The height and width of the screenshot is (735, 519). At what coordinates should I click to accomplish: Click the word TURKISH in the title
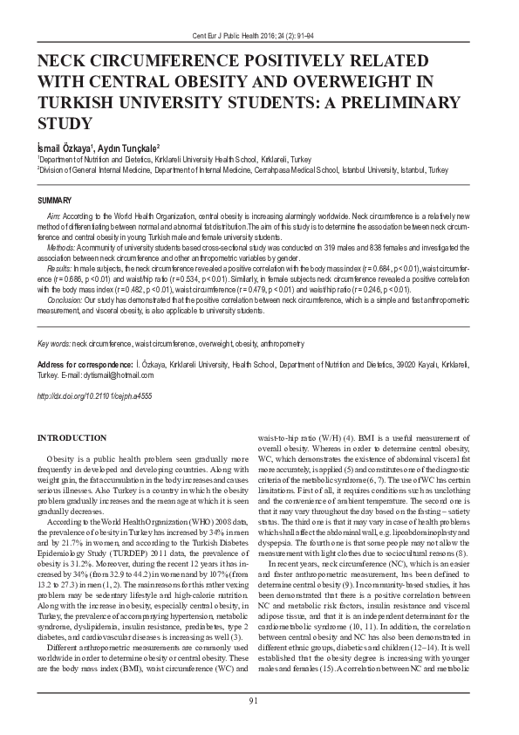76,102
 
